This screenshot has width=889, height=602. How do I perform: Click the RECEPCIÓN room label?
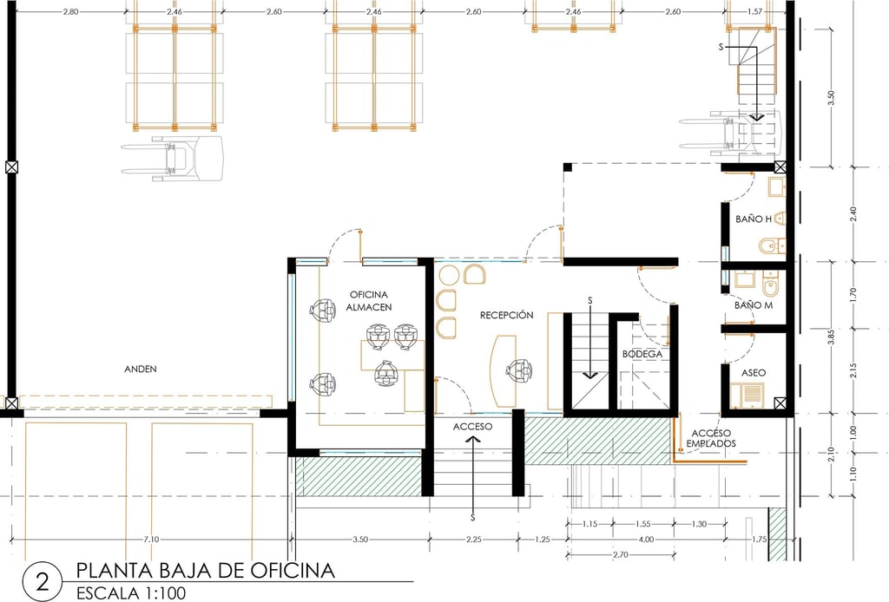[x=506, y=315]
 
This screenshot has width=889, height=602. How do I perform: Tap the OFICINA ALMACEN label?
[x=369, y=301]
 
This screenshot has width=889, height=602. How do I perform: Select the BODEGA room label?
[x=642, y=354]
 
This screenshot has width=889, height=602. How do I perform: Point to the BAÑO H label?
[x=754, y=219]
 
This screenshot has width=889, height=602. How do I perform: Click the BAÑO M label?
[x=754, y=305]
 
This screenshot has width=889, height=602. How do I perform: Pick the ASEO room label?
[x=754, y=373]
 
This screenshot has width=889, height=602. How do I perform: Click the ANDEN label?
[x=141, y=370]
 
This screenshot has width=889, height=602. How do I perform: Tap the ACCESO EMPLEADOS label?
[x=711, y=438]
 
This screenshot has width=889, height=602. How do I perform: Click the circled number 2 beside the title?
[x=43, y=581]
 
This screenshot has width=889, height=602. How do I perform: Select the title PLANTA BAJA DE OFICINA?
[x=205, y=570]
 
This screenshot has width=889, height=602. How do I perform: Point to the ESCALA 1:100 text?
[x=131, y=593]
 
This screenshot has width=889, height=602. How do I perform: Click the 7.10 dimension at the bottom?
[x=151, y=540]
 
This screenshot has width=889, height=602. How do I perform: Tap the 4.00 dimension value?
[x=646, y=540]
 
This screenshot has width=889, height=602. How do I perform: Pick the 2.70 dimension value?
[x=621, y=555]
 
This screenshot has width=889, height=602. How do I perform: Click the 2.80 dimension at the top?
[x=70, y=11]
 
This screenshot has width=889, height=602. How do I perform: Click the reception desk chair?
[x=519, y=371]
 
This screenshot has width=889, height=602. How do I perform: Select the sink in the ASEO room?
[x=747, y=396]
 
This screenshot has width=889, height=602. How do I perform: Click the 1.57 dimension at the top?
[x=755, y=11]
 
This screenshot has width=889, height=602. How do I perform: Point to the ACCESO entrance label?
[x=473, y=427]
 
